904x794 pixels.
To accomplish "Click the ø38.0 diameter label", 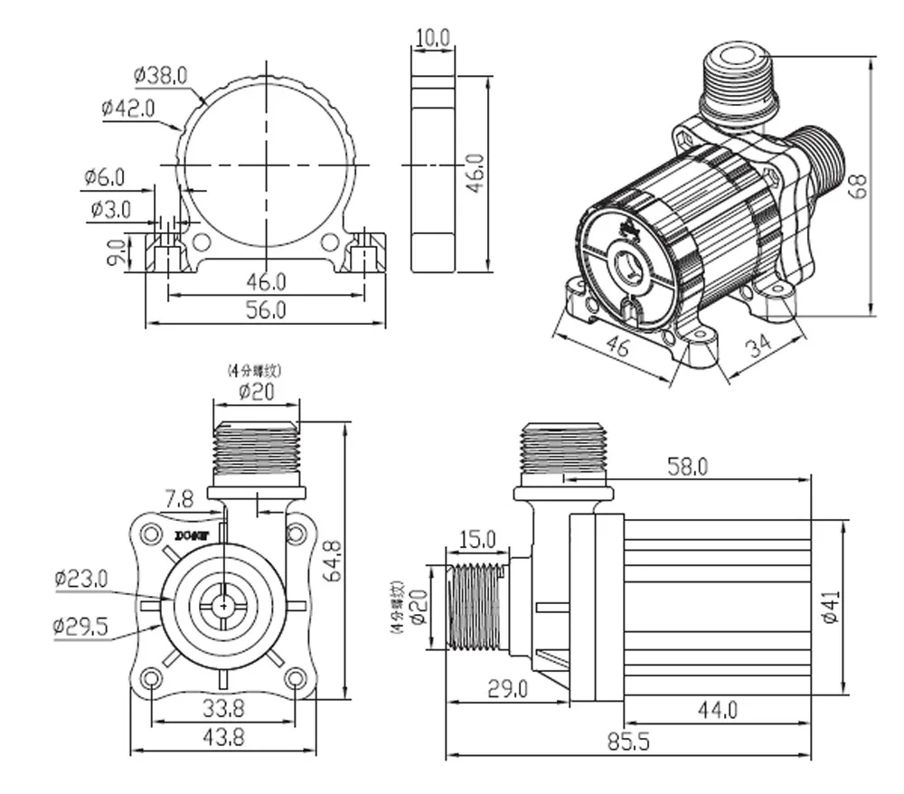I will pos(159,76).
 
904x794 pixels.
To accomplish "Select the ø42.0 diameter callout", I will pos(128,108).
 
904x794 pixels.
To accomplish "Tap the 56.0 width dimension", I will pos(266,309).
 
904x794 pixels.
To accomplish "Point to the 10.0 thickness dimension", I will pos(431,37).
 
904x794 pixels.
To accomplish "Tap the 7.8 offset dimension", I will pos(178,498).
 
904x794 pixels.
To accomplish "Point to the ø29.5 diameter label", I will pos(81,625).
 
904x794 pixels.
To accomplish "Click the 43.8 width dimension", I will pos(223,737).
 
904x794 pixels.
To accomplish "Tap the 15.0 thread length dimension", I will pos(477,540).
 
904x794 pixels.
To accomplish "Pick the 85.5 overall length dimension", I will pos(625,741).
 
